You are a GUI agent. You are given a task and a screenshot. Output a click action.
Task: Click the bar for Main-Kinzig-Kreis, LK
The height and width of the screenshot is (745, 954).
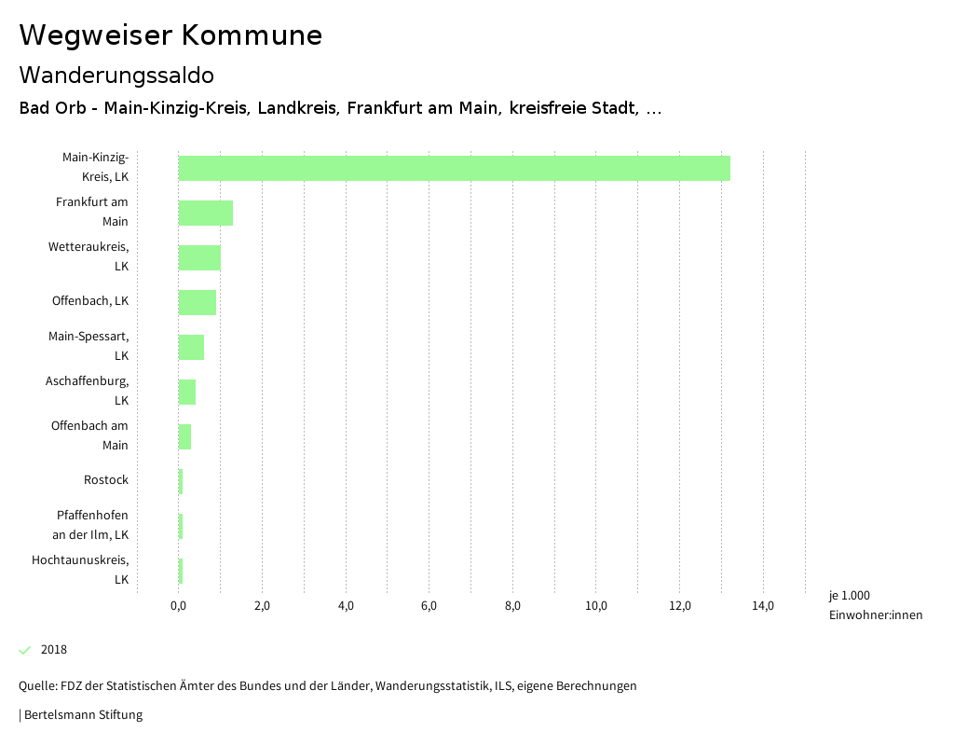pos(454,168)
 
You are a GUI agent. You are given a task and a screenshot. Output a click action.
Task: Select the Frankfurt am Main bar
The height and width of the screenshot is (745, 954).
pos(205,213)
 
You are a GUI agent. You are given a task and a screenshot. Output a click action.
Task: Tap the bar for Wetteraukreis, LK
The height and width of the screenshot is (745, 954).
pos(199,257)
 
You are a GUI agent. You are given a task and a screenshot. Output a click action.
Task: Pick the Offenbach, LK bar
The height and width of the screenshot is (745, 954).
pos(197,302)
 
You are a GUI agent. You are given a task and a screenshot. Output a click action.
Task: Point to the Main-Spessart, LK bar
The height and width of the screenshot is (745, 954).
pos(191,347)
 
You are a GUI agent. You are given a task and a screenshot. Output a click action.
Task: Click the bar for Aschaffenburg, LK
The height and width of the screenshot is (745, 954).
pos(186,392)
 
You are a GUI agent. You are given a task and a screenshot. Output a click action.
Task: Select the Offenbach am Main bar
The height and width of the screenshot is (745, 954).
pos(184,436)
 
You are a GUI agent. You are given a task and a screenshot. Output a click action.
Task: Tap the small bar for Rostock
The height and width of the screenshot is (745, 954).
pos(181,481)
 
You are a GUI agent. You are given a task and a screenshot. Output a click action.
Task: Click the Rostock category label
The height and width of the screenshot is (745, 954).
pos(106,480)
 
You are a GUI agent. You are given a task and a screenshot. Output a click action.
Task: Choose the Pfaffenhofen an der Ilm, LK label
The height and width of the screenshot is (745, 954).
pos(92,525)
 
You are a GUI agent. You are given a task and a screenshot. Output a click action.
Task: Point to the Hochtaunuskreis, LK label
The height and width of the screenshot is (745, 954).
pos(80,570)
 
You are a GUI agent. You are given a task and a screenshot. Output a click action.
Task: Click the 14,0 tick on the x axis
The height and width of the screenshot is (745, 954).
pos(763,606)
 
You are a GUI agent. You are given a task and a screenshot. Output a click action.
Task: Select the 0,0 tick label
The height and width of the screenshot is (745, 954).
pos(178,606)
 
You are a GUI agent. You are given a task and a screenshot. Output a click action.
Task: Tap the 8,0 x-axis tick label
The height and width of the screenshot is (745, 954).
pos(512,606)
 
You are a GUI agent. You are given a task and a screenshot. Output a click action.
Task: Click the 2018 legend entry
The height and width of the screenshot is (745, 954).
pos(54,650)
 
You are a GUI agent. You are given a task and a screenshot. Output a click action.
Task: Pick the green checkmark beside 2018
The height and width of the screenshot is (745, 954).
pos(25,650)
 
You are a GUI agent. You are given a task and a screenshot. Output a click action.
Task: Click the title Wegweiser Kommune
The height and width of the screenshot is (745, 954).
pos(170,35)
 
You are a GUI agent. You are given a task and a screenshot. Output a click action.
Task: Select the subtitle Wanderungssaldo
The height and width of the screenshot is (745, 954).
pos(116,75)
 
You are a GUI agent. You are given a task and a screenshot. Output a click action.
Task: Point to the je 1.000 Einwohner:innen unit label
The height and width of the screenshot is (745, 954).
pos(875,605)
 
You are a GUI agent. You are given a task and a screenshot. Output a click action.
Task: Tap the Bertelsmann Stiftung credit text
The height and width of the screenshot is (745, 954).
pos(82,715)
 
